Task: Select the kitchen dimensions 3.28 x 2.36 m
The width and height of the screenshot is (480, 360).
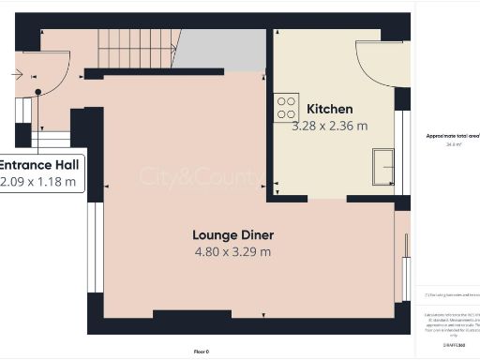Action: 329,126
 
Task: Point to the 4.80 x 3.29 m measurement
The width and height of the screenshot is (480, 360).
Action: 233,251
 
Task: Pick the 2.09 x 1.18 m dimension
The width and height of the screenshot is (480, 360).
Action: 38,182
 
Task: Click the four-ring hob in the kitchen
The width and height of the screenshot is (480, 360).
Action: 286,108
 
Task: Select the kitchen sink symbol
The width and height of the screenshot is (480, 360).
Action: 382,166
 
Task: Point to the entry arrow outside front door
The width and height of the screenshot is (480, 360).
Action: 18,71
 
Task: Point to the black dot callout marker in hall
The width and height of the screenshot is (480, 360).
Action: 38,92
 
